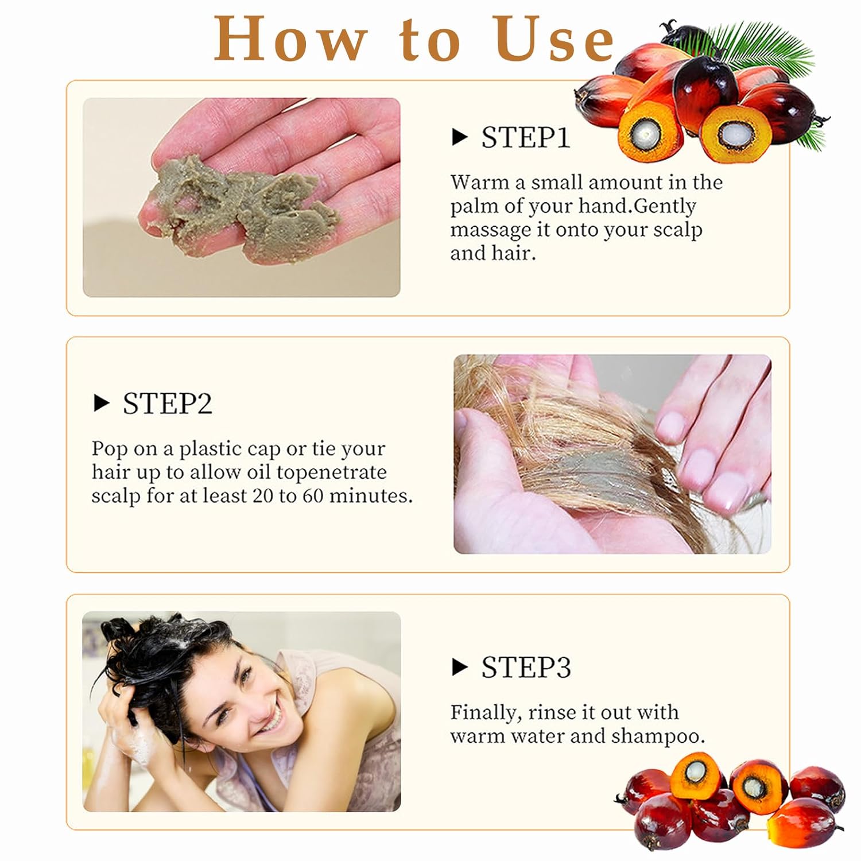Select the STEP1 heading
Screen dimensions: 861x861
click(x=525, y=138)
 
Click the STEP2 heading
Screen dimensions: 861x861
click(x=167, y=404)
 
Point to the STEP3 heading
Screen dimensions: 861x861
click(x=526, y=667)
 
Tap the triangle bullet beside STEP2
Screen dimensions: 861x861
click(x=101, y=404)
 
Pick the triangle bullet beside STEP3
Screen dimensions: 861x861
click(x=460, y=667)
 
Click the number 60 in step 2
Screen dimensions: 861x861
click(x=313, y=495)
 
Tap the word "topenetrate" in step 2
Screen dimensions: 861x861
click(x=331, y=473)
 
